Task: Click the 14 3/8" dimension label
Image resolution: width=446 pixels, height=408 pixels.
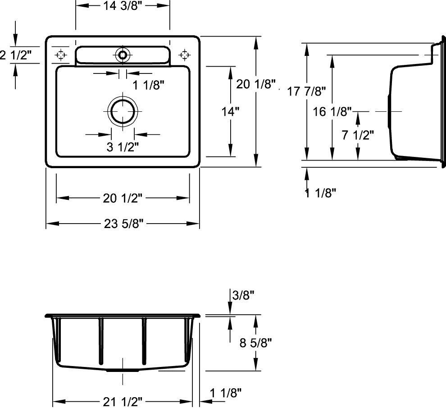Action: coord(122,6)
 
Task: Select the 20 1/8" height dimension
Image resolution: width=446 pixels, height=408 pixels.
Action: coord(256,84)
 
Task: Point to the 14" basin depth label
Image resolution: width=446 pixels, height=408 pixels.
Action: coord(230,111)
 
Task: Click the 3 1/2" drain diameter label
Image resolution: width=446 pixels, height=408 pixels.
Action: coord(123,147)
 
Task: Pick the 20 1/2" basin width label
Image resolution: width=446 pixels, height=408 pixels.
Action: coord(122,198)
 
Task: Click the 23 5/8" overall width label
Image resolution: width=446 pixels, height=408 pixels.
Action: coord(123,224)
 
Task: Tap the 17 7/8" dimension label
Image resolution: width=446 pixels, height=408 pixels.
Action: coord(306,92)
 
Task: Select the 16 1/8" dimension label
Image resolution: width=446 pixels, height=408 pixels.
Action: coord(332,111)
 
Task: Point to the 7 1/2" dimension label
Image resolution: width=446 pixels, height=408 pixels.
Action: coord(358,135)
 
